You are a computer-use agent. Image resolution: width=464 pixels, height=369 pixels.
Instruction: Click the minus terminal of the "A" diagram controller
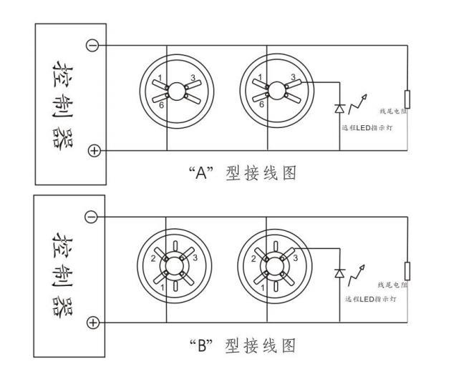point(92,45)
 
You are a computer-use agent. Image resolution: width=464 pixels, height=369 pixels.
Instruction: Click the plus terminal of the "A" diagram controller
point(92,150)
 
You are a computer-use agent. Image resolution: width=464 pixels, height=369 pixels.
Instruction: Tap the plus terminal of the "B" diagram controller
point(92,323)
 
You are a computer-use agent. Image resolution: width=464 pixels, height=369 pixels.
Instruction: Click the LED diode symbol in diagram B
point(339,275)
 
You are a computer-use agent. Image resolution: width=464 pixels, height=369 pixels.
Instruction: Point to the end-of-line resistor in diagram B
point(407,270)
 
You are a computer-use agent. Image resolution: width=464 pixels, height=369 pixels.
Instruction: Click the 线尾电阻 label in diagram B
point(392,285)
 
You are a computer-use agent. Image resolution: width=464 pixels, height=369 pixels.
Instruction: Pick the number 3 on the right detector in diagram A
point(293,77)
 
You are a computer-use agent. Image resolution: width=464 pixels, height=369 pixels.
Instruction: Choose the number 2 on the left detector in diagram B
point(153,259)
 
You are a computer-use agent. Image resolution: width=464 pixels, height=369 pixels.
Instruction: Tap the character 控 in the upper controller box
point(61,72)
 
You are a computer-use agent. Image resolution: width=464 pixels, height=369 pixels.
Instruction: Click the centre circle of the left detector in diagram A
point(175,89)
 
